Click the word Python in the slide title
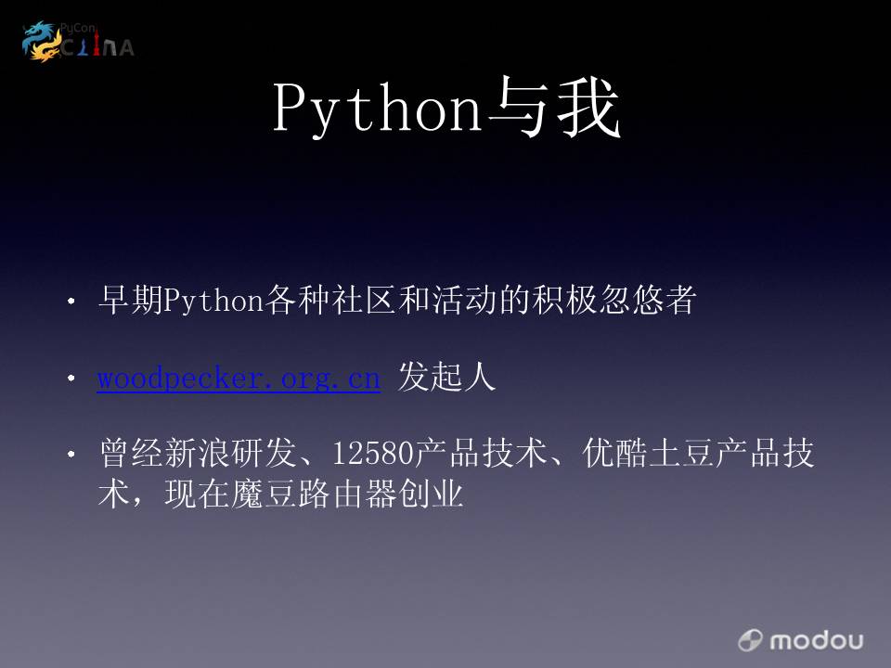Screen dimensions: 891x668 click(x=378, y=108)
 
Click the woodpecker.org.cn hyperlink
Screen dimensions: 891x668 click(x=239, y=378)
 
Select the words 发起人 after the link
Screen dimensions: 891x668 click(x=446, y=377)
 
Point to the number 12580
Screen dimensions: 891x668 click(x=373, y=454)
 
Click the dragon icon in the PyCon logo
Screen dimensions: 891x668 click(x=42, y=41)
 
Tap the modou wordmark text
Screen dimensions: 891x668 click(x=817, y=641)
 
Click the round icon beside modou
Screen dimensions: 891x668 click(x=750, y=640)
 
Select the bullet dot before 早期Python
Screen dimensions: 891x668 click(x=71, y=301)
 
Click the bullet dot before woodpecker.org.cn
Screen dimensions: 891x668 click(x=71, y=378)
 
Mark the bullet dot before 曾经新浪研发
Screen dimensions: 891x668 click(x=71, y=454)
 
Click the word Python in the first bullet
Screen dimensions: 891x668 click(x=213, y=301)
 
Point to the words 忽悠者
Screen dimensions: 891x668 click(x=649, y=300)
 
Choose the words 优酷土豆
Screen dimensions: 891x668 click(x=648, y=454)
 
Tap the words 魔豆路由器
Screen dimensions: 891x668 click(x=314, y=494)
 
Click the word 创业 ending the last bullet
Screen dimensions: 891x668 click(x=430, y=494)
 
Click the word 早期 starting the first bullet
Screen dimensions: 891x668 click(x=131, y=300)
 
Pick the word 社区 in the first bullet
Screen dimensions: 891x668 click(x=364, y=300)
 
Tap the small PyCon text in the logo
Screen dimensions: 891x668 click(x=78, y=28)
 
